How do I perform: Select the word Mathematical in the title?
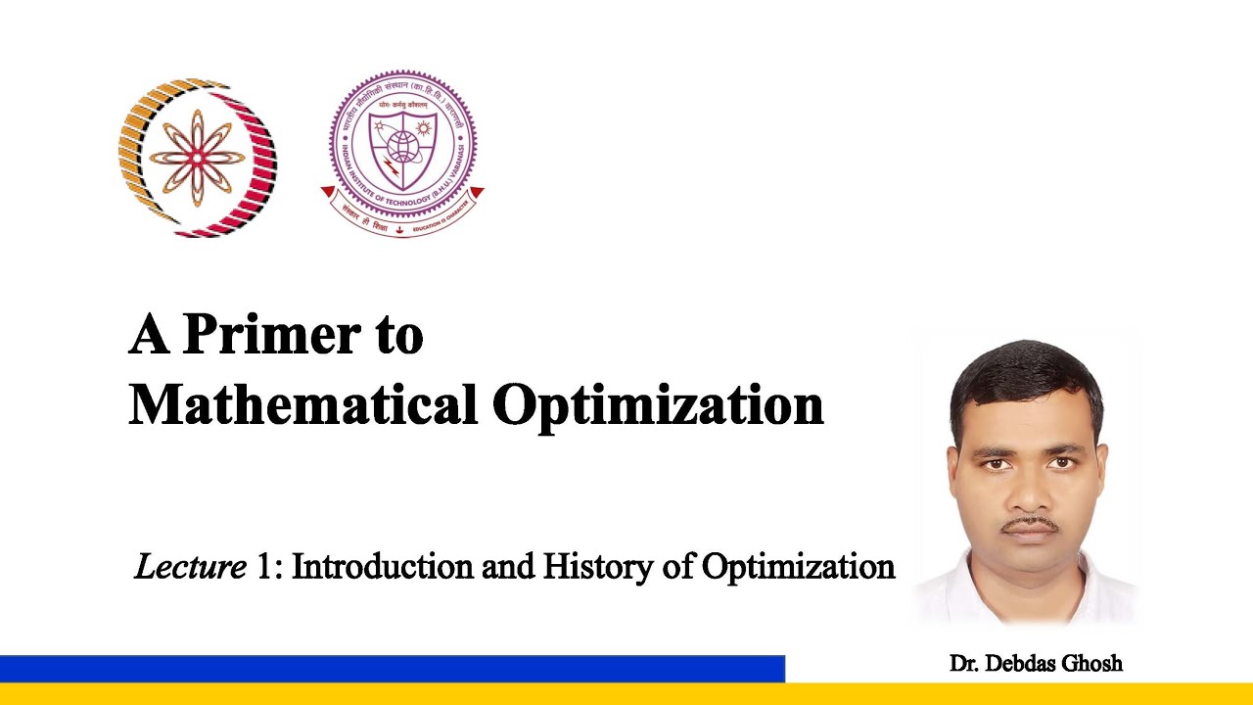pos(302,404)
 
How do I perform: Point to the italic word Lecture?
pos(190,566)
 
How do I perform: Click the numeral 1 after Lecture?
pos(263,566)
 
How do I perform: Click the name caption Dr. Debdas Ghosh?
pos(1036,664)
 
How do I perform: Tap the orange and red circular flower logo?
pos(198,158)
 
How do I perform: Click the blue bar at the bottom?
pos(392,669)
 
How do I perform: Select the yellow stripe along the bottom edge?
pos(626,694)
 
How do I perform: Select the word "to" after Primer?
pos(396,337)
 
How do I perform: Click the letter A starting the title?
pos(148,335)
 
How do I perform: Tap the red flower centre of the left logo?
pos(198,158)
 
